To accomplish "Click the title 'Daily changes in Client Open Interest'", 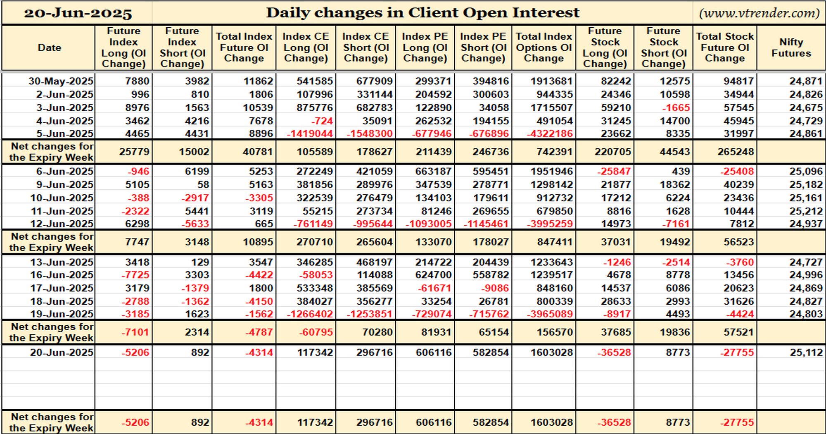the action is (422, 13).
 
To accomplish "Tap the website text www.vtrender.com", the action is (759, 13).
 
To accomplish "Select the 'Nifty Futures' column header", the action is (791, 48).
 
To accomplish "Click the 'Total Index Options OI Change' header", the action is (544, 48).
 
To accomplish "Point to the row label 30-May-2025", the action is (61, 81).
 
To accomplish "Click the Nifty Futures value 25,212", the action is (806, 211).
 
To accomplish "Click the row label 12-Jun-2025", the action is (62, 224).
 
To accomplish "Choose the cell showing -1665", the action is (676, 108).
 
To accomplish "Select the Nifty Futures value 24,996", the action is (806, 275).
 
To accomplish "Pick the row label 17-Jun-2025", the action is (62, 289).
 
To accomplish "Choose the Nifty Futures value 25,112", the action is (806, 353).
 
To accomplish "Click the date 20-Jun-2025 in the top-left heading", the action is (78, 13).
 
